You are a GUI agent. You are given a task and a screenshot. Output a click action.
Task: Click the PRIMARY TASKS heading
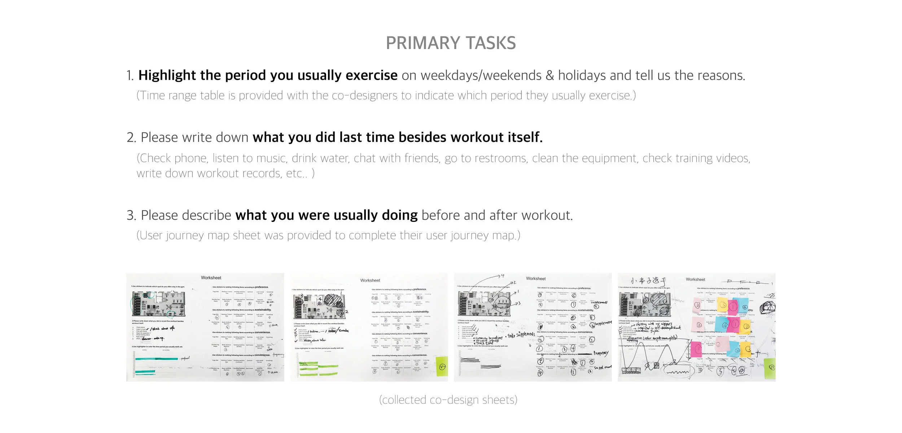coord(451,43)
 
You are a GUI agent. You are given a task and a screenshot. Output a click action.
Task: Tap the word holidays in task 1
coord(582,75)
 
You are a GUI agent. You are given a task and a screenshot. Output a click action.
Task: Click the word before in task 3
coord(441,215)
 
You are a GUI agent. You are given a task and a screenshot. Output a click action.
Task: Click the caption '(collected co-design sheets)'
coord(448,400)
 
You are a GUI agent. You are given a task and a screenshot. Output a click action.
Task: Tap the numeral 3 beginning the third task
coord(131,215)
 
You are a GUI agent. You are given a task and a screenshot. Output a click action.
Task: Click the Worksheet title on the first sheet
coord(211,278)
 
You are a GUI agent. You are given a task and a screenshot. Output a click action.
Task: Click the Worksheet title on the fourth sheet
coord(695,280)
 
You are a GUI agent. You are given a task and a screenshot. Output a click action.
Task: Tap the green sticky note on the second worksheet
coord(442,367)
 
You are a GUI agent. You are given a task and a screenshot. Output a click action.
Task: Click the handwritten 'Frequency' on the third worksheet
coord(601,353)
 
